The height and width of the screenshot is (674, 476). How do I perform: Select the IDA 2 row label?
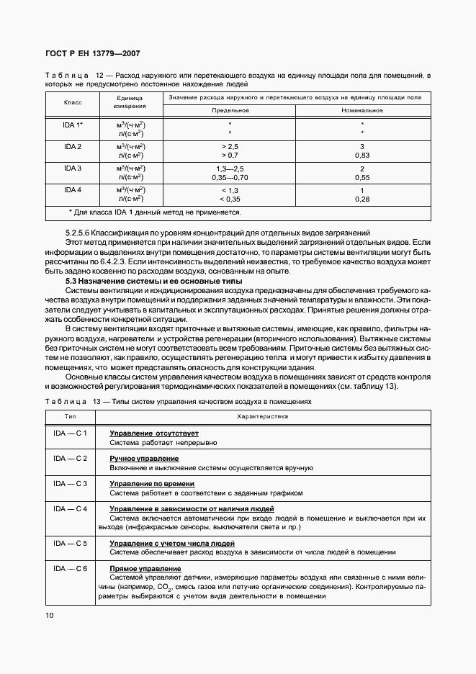(73, 147)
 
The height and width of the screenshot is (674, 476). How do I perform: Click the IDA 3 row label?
(73, 168)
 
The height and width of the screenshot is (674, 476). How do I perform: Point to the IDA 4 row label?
(73, 189)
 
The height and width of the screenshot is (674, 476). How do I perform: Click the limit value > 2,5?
(230, 147)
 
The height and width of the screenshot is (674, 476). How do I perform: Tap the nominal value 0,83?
(362, 156)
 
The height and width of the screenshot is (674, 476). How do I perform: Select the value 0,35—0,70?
(230, 177)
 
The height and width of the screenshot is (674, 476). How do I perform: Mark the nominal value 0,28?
(362, 199)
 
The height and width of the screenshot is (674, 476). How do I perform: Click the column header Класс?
(73, 103)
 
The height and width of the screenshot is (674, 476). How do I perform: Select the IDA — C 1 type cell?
(70, 433)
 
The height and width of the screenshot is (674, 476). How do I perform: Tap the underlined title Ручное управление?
(144, 459)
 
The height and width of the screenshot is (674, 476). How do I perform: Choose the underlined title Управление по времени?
(154, 484)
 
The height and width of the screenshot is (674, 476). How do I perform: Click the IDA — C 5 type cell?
(70, 543)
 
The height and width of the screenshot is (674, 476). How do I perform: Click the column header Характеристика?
(263, 416)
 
